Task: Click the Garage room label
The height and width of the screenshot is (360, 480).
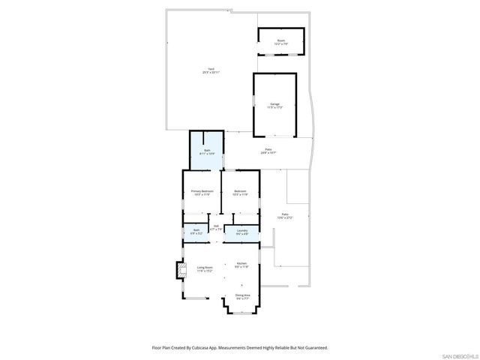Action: pos(274,103)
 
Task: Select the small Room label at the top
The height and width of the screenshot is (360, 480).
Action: pos(281,42)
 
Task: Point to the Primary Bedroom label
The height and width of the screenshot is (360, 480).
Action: pos(202,191)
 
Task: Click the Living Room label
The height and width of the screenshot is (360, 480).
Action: pos(205,268)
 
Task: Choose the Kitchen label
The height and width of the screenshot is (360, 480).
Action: pos(241,263)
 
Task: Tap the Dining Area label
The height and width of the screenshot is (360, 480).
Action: pos(242,295)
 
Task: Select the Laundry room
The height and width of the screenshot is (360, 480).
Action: pos(242,232)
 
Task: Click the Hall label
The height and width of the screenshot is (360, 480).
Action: pos(216,226)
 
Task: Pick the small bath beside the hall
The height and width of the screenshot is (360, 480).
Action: pos(196,232)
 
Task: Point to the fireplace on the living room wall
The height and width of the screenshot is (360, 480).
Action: pos(180,269)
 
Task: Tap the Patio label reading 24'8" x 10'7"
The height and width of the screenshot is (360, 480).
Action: pos(268,151)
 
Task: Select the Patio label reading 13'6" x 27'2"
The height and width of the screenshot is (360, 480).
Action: pos(285,216)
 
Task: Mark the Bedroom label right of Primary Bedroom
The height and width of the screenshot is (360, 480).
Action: pos(240,191)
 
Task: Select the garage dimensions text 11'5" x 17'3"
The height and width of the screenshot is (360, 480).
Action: pos(274,107)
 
